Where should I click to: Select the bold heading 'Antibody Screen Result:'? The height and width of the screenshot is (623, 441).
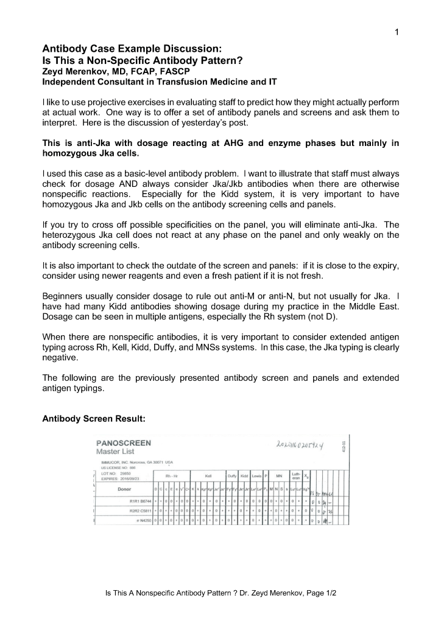click(93, 420)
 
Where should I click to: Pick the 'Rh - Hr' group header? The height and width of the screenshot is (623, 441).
click(171, 476)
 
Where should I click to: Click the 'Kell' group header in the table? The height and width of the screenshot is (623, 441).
click(208, 476)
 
